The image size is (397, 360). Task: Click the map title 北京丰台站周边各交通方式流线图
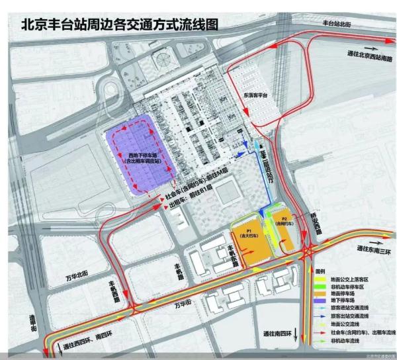(x=119, y=25)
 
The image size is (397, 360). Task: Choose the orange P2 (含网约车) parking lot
(x=285, y=221)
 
